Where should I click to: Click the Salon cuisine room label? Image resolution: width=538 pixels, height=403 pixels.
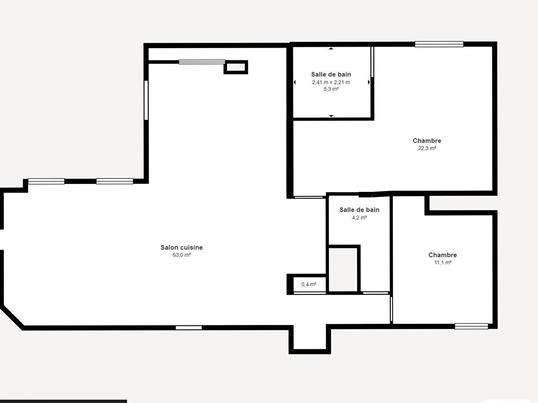tap(182, 248)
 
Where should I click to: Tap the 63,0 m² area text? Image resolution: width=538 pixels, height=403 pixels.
tap(182, 255)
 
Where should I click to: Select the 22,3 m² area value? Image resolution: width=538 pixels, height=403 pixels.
tap(427, 148)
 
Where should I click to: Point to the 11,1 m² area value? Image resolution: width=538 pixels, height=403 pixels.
tap(443, 263)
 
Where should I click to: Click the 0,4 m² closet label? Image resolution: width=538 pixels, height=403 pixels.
tap(309, 284)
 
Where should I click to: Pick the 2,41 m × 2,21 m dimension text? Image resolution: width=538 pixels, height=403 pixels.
tap(331, 82)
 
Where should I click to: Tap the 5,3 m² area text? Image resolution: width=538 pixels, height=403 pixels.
tap(331, 89)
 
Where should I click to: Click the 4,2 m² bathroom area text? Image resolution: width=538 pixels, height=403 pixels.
tap(359, 217)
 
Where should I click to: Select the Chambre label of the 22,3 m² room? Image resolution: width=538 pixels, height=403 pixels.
tap(427, 141)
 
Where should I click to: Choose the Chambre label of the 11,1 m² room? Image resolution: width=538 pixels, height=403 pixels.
tap(443, 255)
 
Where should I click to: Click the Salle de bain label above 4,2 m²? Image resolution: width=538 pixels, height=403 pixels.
tap(359, 210)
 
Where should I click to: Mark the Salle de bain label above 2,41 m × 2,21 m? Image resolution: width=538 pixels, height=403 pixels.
tap(331, 74)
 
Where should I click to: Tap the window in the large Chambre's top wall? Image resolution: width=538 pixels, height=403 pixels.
tap(439, 44)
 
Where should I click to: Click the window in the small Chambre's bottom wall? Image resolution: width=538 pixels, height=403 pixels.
tap(471, 326)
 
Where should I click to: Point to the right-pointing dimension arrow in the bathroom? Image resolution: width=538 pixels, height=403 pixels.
tap(369, 82)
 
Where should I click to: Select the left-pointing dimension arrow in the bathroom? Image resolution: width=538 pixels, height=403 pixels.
tap(295, 82)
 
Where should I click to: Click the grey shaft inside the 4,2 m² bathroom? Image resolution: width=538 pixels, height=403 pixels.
tap(343, 269)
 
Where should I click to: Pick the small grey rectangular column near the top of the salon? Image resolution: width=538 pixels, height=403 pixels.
tap(236, 67)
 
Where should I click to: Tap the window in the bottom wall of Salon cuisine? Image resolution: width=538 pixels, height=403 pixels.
tap(189, 328)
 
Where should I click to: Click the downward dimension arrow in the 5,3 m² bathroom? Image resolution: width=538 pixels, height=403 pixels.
tap(331, 116)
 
